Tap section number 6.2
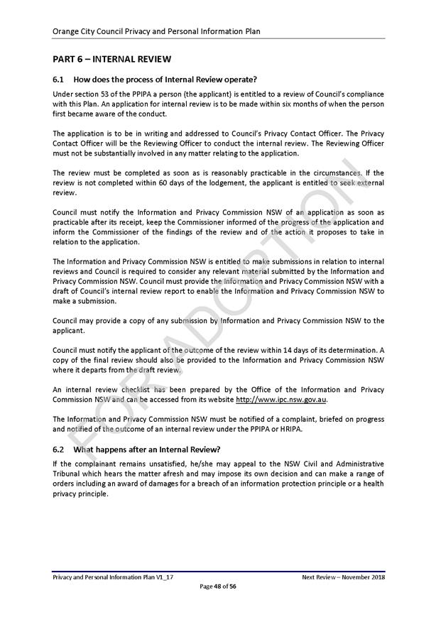click(x=59, y=449)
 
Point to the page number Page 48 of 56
click(x=218, y=586)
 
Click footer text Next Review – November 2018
click(x=343, y=577)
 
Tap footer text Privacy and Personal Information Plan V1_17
click(x=113, y=577)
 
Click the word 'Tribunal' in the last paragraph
click(x=70, y=474)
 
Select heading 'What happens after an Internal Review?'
click(x=147, y=449)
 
